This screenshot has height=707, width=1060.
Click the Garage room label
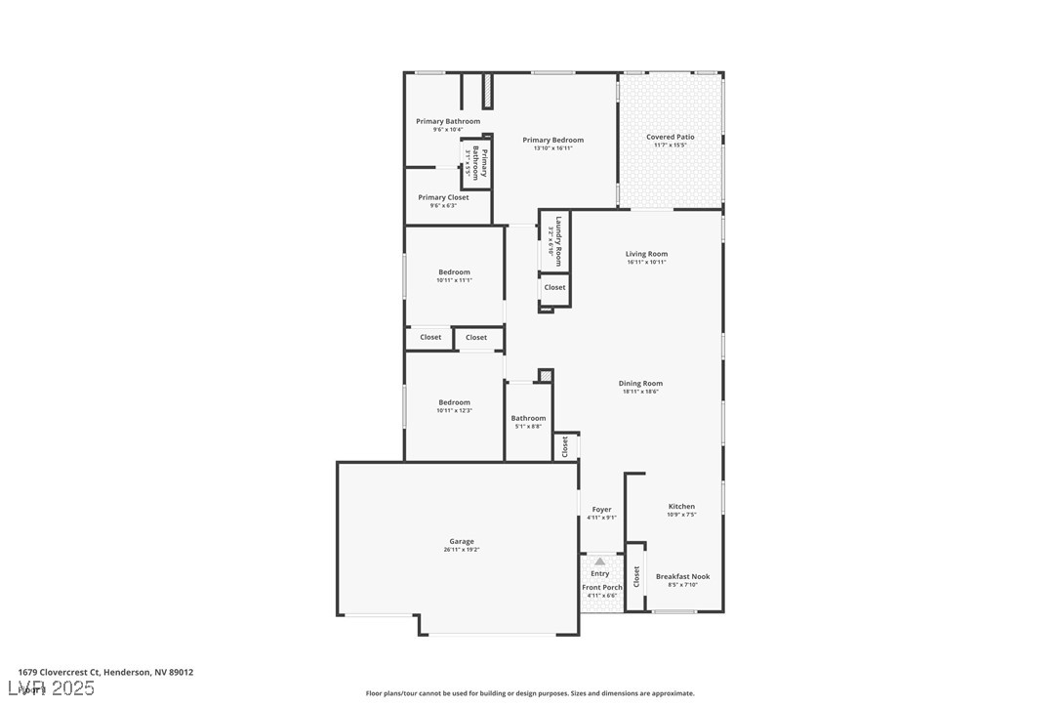pyautogui.click(x=461, y=541)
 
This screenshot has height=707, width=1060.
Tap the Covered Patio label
pyautogui.click(x=670, y=137)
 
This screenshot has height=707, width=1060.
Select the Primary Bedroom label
pyautogui.click(x=552, y=140)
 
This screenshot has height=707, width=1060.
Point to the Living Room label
pyautogui.click(x=646, y=254)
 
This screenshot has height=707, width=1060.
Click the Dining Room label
pyautogui.click(x=640, y=384)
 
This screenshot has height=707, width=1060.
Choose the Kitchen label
pyautogui.click(x=681, y=506)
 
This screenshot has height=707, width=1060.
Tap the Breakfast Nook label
pyautogui.click(x=682, y=576)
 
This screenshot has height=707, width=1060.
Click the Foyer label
pyautogui.click(x=601, y=509)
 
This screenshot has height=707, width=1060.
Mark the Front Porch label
pyautogui.click(x=601, y=587)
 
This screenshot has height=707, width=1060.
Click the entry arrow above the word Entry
pyautogui.click(x=599, y=561)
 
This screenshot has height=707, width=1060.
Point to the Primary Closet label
pyautogui.click(x=443, y=197)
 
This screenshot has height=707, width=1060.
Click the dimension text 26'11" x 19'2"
pyautogui.click(x=461, y=550)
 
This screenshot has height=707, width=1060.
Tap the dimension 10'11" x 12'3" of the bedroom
pyautogui.click(x=454, y=411)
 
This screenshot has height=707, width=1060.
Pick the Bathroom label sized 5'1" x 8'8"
pyautogui.click(x=528, y=418)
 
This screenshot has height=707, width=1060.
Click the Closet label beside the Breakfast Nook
pyautogui.click(x=636, y=577)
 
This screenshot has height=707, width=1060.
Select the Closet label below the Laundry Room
pyautogui.click(x=554, y=287)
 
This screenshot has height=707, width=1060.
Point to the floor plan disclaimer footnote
pyautogui.click(x=530, y=693)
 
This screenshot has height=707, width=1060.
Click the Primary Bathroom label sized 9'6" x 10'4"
pyautogui.click(x=448, y=121)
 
